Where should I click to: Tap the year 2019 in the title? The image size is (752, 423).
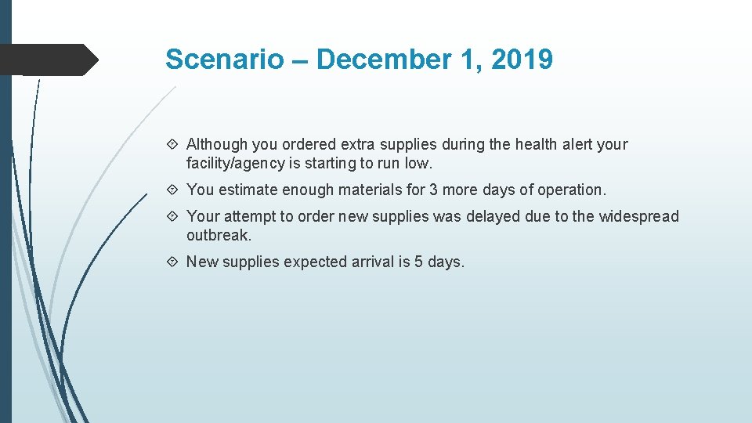pos(522,60)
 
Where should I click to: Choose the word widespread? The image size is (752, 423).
pos(639,216)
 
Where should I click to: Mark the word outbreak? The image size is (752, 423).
pos(219,235)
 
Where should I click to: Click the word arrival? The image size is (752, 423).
pos(371,262)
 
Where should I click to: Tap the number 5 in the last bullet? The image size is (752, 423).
pos(419,262)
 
